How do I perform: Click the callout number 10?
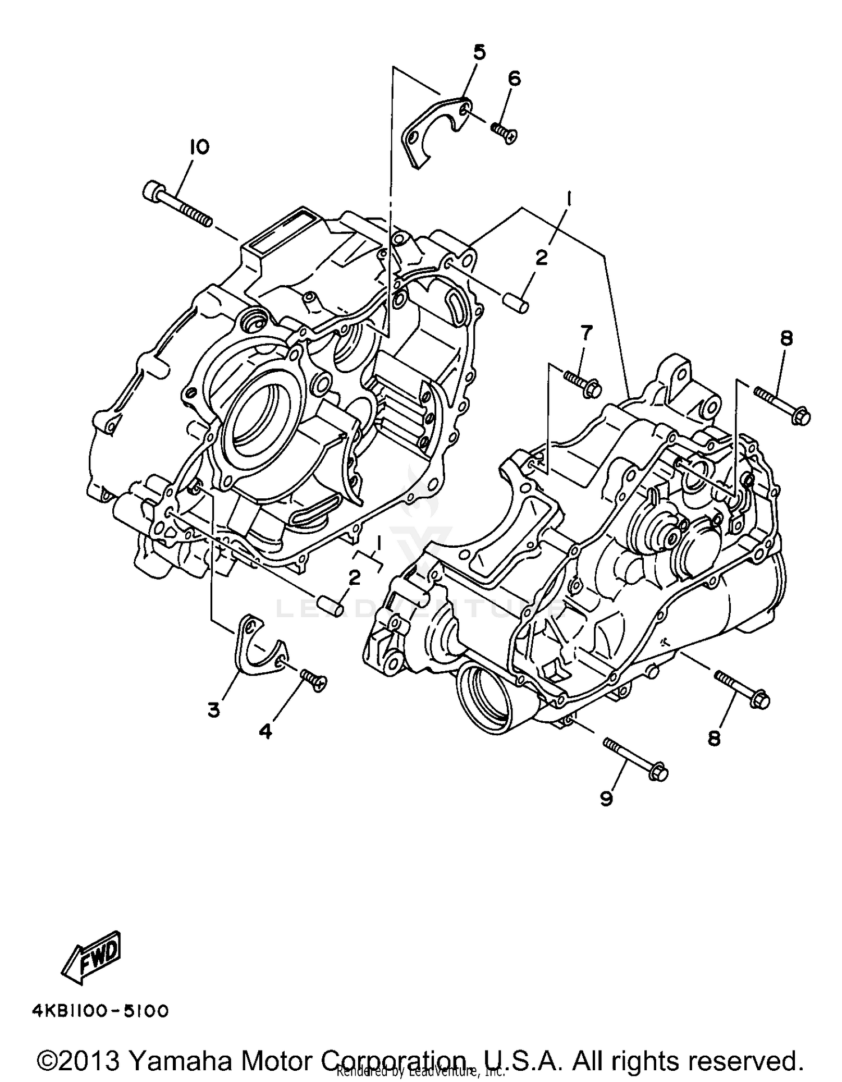point(199,148)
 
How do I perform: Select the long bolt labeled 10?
point(177,204)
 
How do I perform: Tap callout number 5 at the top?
point(479,53)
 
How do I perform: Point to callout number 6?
point(514,79)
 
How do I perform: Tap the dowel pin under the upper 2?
point(514,303)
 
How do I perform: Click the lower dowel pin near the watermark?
point(330,607)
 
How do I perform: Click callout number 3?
point(213,710)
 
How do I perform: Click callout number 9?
point(606,799)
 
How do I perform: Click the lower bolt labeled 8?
point(742,688)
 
